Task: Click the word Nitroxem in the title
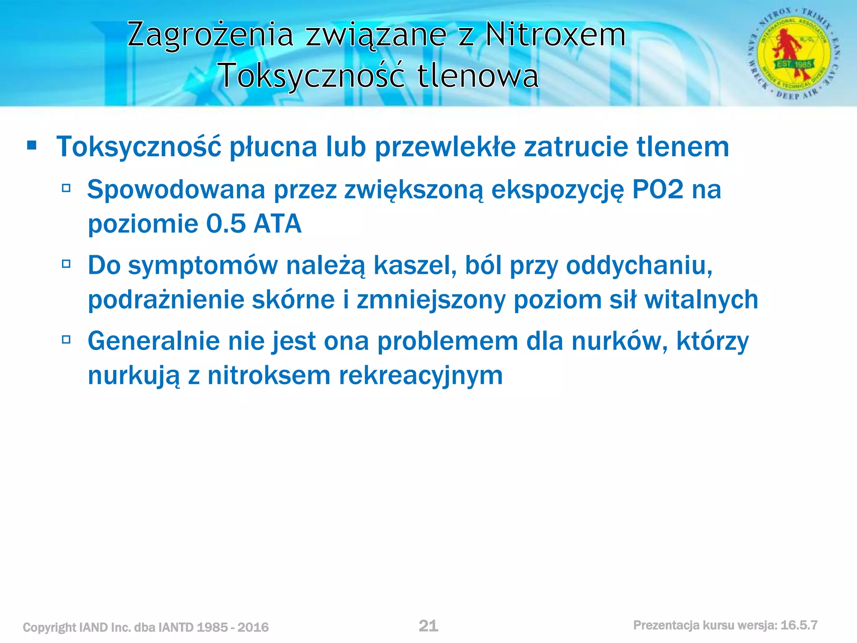(x=555, y=34)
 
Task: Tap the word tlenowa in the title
(x=478, y=76)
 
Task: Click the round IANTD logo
(x=794, y=54)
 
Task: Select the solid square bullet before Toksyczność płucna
(x=31, y=146)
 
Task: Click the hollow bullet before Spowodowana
(x=66, y=188)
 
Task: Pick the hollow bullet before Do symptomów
(x=66, y=264)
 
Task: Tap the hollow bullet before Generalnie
(x=66, y=340)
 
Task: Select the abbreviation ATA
(x=277, y=224)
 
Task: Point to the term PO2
(x=657, y=190)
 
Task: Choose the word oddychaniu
(x=639, y=265)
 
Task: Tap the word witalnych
(x=701, y=300)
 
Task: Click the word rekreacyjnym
(x=421, y=375)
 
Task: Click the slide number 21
(x=428, y=626)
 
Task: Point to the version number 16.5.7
(x=799, y=625)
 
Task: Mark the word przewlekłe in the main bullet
(x=445, y=147)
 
